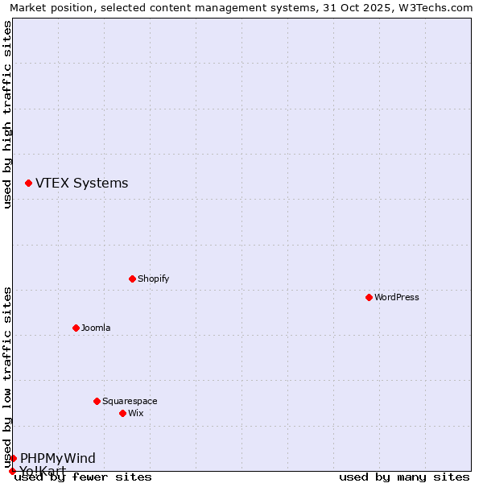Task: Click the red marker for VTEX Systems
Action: tap(29, 184)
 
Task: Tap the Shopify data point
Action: tap(133, 279)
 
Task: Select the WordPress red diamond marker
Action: tap(369, 298)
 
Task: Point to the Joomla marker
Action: tap(76, 328)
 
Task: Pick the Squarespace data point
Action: tap(97, 402)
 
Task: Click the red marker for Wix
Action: tap(123, 414)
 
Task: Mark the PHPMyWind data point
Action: tap(14, 459)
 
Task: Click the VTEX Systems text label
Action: tap(81, 184)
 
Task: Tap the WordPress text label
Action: tap(397, 298)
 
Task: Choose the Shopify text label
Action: tap(153, 279)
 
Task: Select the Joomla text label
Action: tap(96, 328)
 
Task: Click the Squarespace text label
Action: tap(130, 402)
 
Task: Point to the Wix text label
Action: tap(136, 414)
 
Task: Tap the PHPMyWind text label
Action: tap(58, 459)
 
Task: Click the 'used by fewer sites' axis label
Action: tap(83, 477)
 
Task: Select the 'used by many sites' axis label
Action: tap(404, 477)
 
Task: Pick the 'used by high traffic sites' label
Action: tap(8, 114)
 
